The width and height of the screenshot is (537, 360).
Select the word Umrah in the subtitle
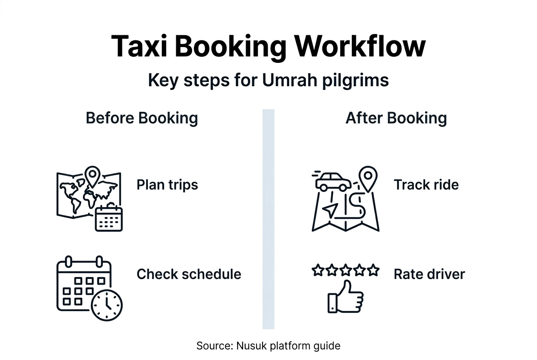[x=289, y=80]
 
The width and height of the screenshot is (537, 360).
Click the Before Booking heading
[x=142, y=118]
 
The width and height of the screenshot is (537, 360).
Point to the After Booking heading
[x=396, y=118]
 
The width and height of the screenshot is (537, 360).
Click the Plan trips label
[x=167, y=185]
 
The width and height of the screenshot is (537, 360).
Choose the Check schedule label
[x=189, y=274]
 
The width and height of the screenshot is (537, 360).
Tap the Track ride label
[x=426, y=185]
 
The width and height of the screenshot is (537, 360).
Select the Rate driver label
[x=429, y=274]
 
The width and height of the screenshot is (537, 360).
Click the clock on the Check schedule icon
[x=107, y=305]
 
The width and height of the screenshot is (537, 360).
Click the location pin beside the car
[x=368, y=177]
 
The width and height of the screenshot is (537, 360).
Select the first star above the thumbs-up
[x=317, y=270]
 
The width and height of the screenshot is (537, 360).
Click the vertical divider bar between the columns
[x=268, y=219]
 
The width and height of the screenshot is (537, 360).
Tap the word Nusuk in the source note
[x=249, y=346]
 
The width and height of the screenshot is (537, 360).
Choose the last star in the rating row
[x=373, y=270]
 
